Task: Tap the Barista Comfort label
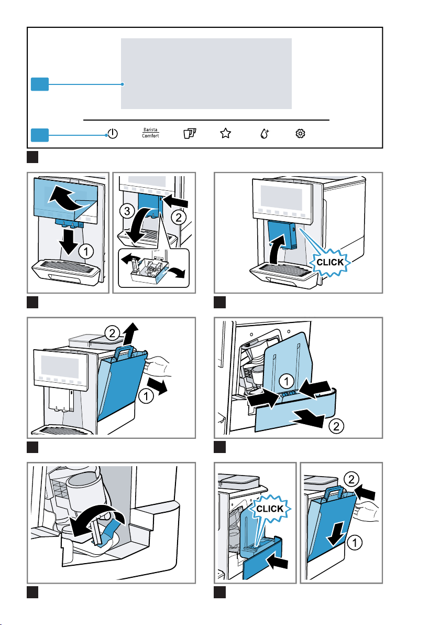pyautogui.click(x=150, y=133)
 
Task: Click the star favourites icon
pyautogui.click(x=225, y=134)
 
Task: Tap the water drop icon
pyautogui.click(x=265, y=134)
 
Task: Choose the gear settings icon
pyautogui.click(x=300, y=134)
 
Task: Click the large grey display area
pyautogui.click(x=206, y=73)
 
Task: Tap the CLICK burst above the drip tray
pyautogui.click(x=271, y=509)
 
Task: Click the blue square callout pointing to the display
pyautogui.click(x=39, y=84)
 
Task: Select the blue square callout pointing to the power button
pyautogui.click(x=39, y=135)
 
